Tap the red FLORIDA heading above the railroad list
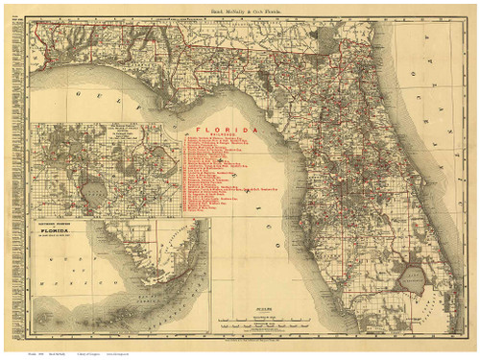coord(222,129)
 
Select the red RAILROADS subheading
coord(222,135)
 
